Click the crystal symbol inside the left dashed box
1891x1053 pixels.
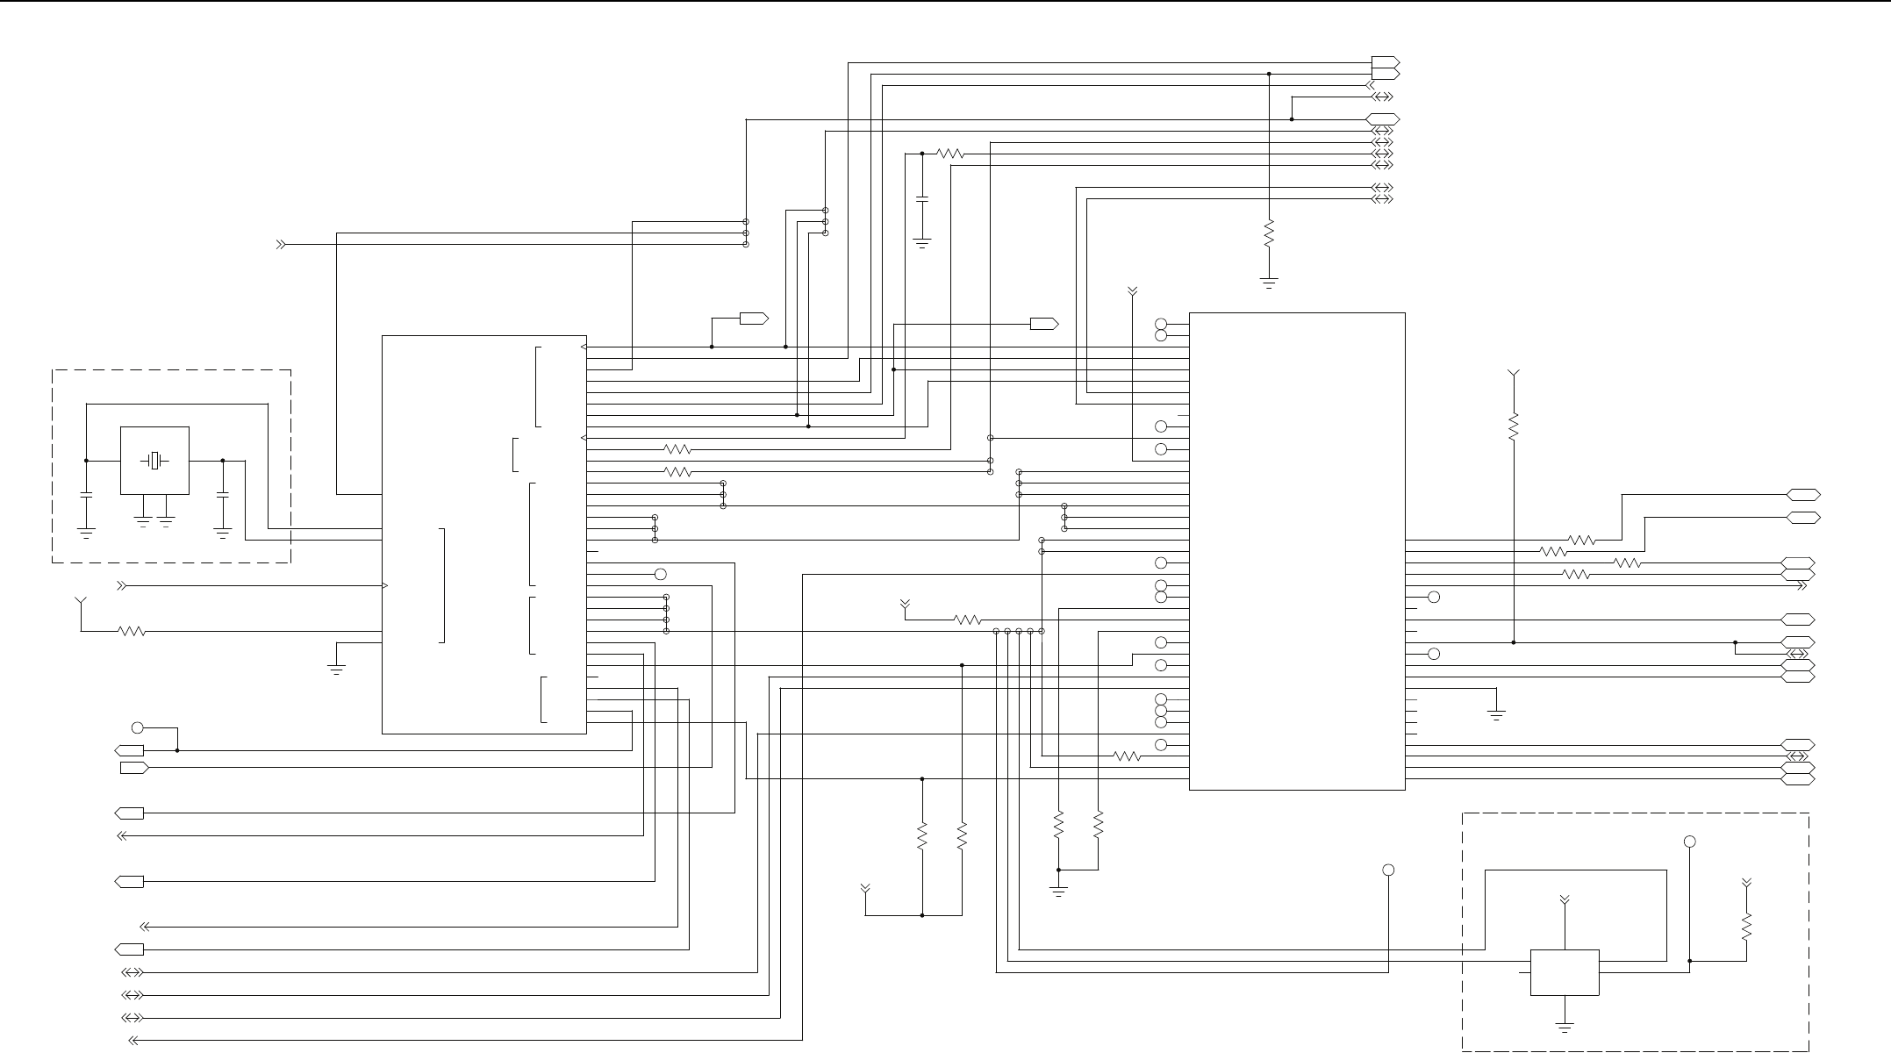click(154, 461)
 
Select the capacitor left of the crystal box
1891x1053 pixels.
click(86, 496)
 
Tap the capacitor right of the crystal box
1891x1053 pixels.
click(223, 496)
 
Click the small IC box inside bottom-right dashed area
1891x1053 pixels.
click(1565, 972)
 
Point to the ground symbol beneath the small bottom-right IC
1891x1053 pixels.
click(1565, 1026)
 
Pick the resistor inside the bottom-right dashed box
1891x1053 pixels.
click(1746, 927)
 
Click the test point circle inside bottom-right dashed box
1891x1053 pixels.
click(1689, 842)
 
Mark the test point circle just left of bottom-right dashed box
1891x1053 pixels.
click(1388, 870)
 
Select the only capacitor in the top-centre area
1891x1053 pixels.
click(922, 200)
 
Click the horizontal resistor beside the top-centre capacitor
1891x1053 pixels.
click(950, 154)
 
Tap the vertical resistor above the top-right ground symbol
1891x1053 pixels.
click(1269, 234)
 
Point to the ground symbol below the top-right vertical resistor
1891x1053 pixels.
click(1269, 283)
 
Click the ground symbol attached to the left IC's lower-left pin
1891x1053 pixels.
click(336, 670)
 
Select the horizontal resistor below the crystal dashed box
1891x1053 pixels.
click(132, 631)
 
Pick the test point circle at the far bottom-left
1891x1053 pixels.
click(137, 727)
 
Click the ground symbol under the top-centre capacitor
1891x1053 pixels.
click(922, 243)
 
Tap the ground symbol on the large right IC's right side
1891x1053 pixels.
click(1497, 715)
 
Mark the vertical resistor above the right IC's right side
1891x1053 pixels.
click(1514, 427)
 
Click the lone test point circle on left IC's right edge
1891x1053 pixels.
click(661, 574)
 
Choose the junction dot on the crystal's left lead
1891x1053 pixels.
click(86, 461)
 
